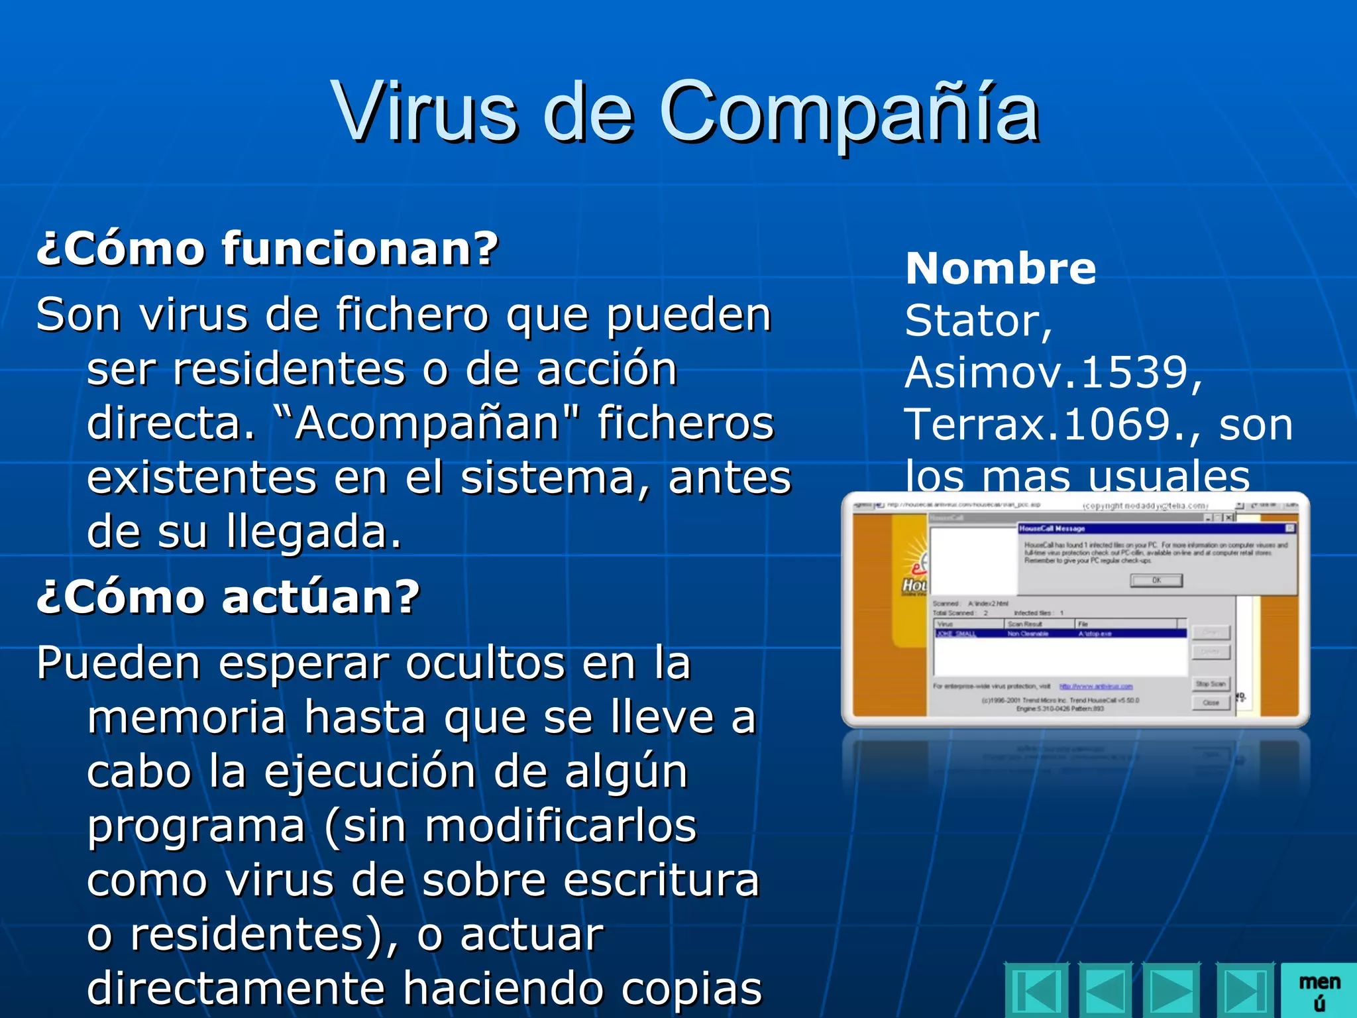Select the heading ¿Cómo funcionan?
pos(267,249)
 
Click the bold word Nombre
pos(1001,268)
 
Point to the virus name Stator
pos(974,321)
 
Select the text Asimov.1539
pos(1047,372)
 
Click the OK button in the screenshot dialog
pos(1156,581)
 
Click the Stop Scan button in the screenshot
pos(1211,683)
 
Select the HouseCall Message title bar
pos(1153,528)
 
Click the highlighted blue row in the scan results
pos(1060,634)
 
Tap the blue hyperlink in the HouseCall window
pos(1096,687)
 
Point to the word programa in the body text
pos(195,827)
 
